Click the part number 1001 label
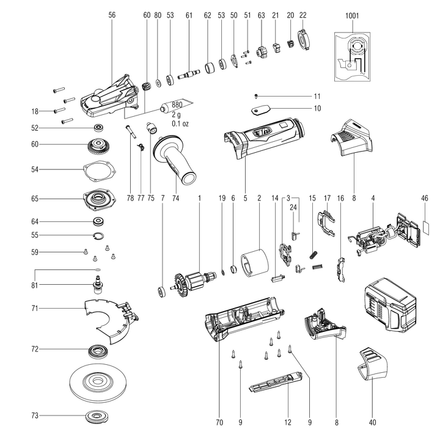[x=352, y=15]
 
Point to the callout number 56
[x=111, y=15]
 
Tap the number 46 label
[x=425, y=199]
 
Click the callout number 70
[x=219, y=422]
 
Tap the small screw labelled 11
[x=257, y=96]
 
